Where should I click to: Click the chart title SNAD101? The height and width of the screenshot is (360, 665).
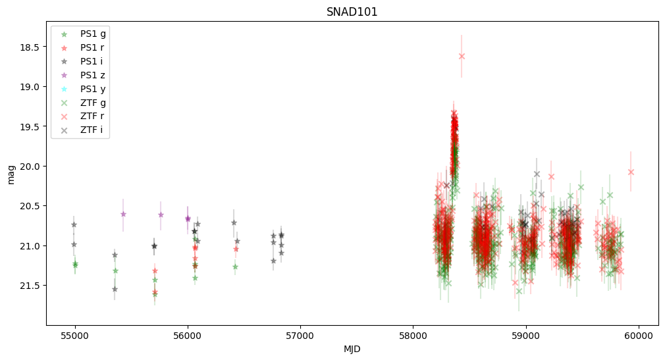[352, 12]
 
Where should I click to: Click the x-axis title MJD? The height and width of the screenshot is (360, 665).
[352, 349]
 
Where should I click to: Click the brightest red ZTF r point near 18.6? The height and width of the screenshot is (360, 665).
[462, 56]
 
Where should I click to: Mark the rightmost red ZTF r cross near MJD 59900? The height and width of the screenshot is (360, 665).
[631, 172]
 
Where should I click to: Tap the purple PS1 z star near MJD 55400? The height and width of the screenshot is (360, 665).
[123, 214]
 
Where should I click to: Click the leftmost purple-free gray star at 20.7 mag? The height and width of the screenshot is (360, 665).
[74, 224]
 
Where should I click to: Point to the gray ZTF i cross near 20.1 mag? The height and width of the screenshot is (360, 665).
[537, 174]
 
